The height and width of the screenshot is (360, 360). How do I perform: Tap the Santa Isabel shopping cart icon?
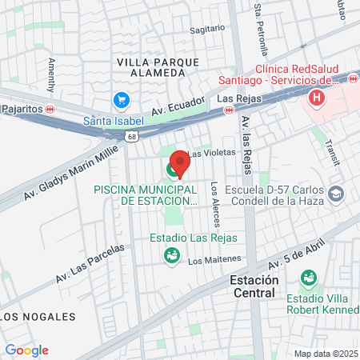tap(122, 100)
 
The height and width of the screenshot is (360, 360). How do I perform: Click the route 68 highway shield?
tap(130, 137)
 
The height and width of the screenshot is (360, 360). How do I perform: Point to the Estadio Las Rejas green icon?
tap(170, 255)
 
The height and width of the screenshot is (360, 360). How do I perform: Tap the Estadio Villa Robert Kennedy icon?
tap(306, 278)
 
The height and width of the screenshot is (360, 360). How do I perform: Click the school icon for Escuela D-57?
tap(337, 194)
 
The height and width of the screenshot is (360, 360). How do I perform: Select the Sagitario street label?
tap(208, 29)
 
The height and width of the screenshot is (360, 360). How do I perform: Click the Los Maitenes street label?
tap(214, 259)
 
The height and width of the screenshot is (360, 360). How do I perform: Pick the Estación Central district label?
tap(254, 286)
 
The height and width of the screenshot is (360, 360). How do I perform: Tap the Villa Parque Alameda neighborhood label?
tap(151, 67)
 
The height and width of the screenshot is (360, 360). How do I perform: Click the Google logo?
tap(26, 350)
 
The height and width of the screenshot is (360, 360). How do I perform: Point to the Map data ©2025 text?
tap(326, 354)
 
